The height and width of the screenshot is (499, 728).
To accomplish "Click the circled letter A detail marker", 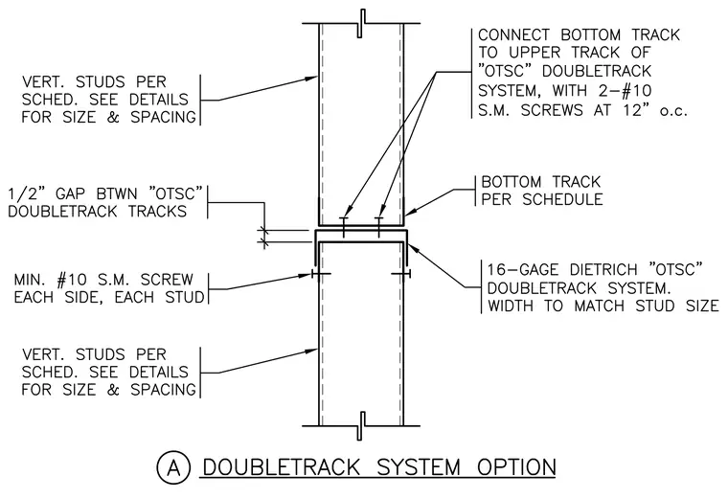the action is point(173,468).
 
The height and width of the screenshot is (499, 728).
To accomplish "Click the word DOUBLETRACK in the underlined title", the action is point(282,467).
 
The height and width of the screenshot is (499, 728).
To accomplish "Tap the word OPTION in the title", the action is point(516,467).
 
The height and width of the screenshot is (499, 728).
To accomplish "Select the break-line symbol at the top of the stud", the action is point(361,23).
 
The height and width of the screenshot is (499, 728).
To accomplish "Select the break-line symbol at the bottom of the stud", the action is point(361,425).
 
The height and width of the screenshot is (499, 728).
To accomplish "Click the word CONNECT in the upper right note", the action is point(514,34).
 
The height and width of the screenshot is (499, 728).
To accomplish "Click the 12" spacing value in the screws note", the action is point(636,110).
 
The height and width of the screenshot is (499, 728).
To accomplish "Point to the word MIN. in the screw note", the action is point(32,280).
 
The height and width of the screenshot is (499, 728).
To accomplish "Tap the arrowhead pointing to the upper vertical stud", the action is point(311,78).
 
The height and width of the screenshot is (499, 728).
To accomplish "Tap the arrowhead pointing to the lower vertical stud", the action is point(311,351).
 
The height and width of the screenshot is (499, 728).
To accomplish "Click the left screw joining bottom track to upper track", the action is point(344,227).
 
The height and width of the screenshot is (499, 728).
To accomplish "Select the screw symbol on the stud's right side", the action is point(401,274).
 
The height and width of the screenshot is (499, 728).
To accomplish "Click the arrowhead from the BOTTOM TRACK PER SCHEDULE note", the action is point(410,212).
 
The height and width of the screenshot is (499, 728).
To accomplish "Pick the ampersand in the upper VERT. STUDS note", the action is point(113,117).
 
